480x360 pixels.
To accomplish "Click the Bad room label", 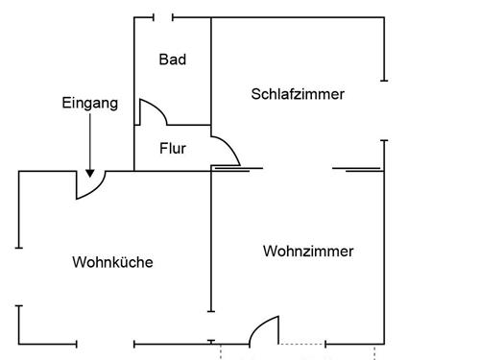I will point(173,60).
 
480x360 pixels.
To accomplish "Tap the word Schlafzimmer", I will point(298,94).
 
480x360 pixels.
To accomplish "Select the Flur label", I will point(173,149).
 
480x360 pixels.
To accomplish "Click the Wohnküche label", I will point(113,262).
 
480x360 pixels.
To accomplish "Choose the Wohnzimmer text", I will point(308,252).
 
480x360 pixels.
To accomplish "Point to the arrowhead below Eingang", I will point(89,172).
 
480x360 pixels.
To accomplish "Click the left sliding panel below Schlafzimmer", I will point(236,170).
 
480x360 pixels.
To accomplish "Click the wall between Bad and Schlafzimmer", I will point(211,72).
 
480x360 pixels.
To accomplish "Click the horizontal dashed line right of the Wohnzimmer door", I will point(301,343).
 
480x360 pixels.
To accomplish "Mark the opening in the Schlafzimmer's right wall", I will point(384,110).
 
